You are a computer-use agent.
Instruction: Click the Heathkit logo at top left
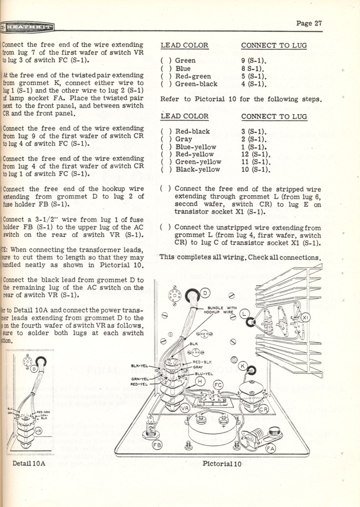(x=27, y=27)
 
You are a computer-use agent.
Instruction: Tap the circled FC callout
(x=218, y=385)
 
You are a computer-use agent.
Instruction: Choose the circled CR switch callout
(x=264, y=410)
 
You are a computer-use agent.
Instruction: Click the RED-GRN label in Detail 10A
(x=44, y=412)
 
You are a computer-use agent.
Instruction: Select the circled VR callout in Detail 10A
(x=39, y=432)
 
